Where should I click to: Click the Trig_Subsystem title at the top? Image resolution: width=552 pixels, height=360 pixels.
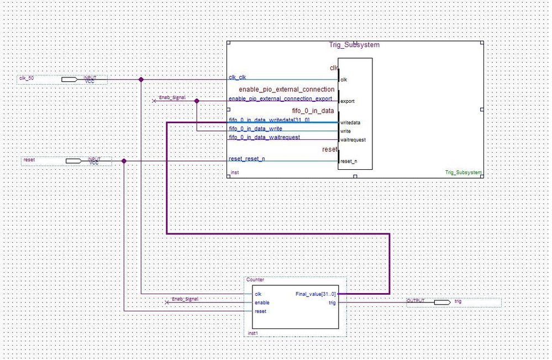tap(355, 45)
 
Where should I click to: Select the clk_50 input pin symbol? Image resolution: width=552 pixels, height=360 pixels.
tap(69, 80)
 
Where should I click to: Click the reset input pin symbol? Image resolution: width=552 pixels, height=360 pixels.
tap(73, 161)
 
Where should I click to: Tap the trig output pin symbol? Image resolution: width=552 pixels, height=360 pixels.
tap(442, 302)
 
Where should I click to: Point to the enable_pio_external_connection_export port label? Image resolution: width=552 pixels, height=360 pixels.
tap(280, 99)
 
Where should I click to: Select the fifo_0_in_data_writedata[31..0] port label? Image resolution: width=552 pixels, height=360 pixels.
tap(269, 120)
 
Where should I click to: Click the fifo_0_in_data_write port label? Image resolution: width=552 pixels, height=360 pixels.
tap(255, 129)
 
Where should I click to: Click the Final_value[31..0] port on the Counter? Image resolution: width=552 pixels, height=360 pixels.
tap(316, 294)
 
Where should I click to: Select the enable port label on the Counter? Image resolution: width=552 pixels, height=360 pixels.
tap(262, 303)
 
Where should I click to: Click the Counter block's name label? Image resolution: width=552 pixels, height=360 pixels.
tap(255, 280)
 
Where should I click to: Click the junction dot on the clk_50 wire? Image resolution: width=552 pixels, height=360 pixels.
tap(141, 80)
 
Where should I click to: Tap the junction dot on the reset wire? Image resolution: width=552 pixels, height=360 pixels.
tap(124, 161)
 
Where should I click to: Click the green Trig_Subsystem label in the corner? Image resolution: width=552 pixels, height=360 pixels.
tap(464, 173)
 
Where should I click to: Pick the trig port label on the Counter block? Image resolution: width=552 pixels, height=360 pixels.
tap(332, 302)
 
